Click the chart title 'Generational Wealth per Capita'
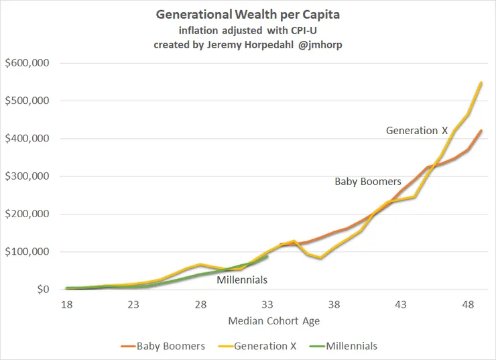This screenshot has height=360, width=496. click(x=247, y=14)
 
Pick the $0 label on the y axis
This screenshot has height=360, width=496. click(x=45, y=290)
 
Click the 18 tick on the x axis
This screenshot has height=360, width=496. click(x=66, y=304)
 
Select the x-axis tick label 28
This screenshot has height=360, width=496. click(x=200, y=304)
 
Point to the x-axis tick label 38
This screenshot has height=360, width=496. click(x=334, y=304)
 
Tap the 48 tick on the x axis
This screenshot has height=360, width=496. click(x=468, y=304)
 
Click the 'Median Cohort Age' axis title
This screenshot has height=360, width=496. click(x=273, y=320)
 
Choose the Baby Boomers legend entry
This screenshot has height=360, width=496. click(x=167, y=346)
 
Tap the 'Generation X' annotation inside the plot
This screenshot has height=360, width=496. click(x=416, y=131)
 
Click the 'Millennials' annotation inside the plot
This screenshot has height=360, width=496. click(x=242, y=280)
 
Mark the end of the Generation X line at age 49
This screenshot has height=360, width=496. click(x=481, y=82)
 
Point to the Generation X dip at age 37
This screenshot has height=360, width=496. click(x=320, y=258)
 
